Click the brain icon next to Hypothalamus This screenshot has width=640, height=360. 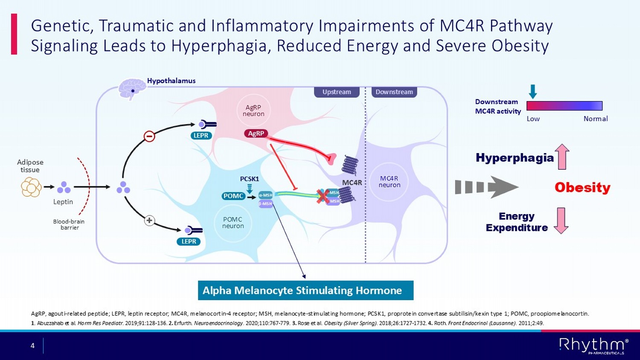pos(132,88)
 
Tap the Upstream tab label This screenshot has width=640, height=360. pos(337,92)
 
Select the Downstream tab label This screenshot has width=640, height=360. pos(394,92)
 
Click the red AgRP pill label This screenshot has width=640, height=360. pos(256,134)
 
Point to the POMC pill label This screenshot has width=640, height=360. pos(233,196)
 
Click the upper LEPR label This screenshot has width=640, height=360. pos(201,135)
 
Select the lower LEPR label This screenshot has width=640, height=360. pos(189,241)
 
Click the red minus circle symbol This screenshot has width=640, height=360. pos(149,136)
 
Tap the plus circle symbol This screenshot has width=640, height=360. pos(149,221)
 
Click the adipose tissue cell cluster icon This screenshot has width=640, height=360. pos(31,187)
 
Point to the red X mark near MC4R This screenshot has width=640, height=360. pos(323,196)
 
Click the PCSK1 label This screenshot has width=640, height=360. pos(249,179)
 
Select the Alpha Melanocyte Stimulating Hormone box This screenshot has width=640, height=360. pos(305,290)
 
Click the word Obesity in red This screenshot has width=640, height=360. pos(582,187)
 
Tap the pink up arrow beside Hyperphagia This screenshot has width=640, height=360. pos(562,157)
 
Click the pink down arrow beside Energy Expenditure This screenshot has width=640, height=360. pos(561,221)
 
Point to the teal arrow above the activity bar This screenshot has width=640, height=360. pos(532,91)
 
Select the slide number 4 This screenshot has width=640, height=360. pos(32,345)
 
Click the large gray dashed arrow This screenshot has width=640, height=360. pos(486,187)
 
